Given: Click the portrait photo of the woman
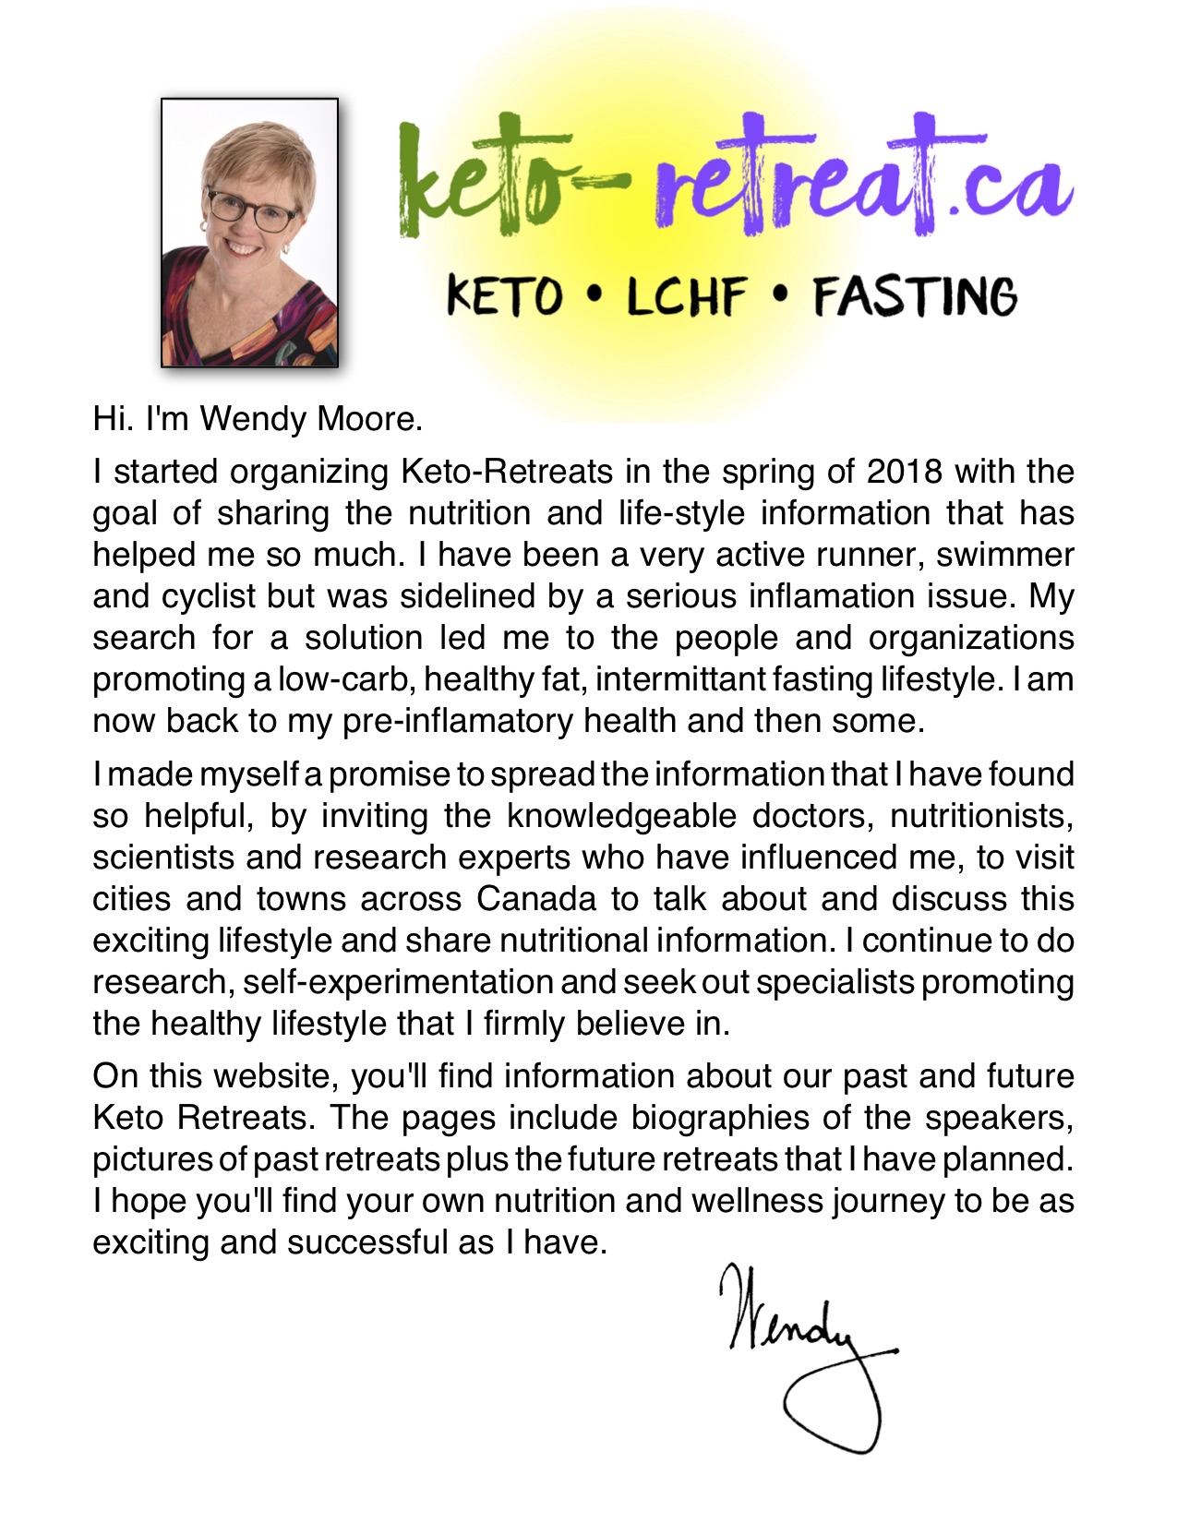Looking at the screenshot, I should (249, 233).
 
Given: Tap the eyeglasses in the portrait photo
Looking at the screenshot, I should (251, 210).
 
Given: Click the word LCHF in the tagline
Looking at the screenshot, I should (686, 297).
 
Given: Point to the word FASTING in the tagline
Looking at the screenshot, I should (914, 297).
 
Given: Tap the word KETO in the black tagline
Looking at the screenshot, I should (504, 297).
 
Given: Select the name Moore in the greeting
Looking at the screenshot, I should (369, 419).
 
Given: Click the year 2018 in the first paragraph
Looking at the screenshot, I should (904, 472).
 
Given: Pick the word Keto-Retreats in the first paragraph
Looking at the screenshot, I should (507, 472).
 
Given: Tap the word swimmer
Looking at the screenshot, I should (1005, 555).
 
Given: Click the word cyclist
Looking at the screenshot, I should (209, 596).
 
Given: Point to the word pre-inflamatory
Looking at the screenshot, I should (435, 721).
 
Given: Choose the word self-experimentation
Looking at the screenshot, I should (398, 982).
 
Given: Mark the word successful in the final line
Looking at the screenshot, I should (367, 1242).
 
